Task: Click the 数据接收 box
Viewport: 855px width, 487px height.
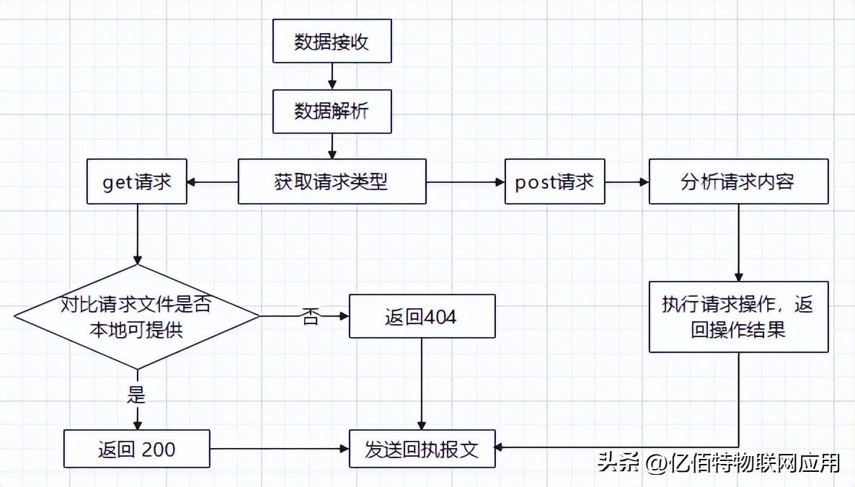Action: coord(332,42)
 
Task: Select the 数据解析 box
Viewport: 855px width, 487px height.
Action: coord(332,112)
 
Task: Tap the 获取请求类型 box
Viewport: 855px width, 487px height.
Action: coord(332,182)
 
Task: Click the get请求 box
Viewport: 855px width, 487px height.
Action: coord(136,182)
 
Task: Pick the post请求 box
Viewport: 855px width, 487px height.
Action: coord(554,182)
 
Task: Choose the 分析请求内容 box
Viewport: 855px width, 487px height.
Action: coord(737,182)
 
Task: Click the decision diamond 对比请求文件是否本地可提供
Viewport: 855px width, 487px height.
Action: coord(136,316)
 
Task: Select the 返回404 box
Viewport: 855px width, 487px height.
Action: coord(422,316)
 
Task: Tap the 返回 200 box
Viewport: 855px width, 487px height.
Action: coord(136,450)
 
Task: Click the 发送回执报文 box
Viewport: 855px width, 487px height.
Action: coord(422,450)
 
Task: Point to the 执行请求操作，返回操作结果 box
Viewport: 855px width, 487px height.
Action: coord(737,316)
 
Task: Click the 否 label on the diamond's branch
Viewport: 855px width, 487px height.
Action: coord(310,317)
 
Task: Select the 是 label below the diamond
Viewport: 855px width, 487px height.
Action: coord(136,396)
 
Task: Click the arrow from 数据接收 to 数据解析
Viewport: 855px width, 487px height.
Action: coord(332,76)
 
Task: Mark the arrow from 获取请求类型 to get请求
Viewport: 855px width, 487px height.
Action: coord(213,182)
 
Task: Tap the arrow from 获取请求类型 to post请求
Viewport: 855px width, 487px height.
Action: coord(465,182)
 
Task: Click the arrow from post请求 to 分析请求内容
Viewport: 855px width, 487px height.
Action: coord(626,182)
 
